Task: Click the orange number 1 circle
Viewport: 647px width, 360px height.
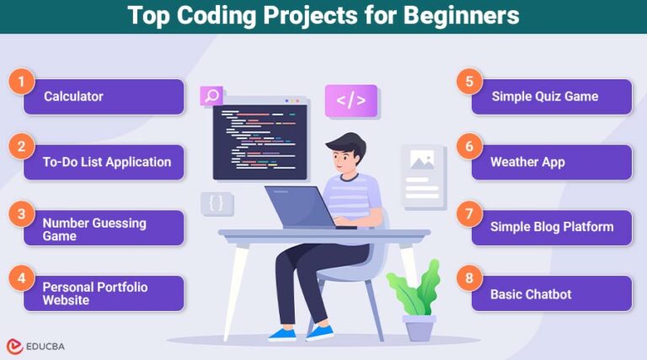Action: (x=21, y=82)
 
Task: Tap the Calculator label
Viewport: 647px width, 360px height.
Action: (x=73, y=96)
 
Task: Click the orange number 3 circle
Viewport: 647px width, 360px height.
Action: (x=21, y=213)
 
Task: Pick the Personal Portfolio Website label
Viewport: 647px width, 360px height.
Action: (x=94, y=293)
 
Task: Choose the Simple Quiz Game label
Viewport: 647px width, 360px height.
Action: (x=545, y=96)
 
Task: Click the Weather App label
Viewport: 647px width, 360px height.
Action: (x=527, y=162)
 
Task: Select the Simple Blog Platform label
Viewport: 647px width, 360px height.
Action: (x=552, y=227)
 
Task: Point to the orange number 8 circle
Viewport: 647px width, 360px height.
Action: (x=469, y=278)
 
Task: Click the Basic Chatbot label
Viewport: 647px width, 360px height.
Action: (x=531, y=294)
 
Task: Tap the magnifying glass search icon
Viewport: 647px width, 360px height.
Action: (x=211, y=95)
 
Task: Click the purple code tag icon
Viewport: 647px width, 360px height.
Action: (x=350, y=101)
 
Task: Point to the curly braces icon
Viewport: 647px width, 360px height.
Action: (x=217, y=203)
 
